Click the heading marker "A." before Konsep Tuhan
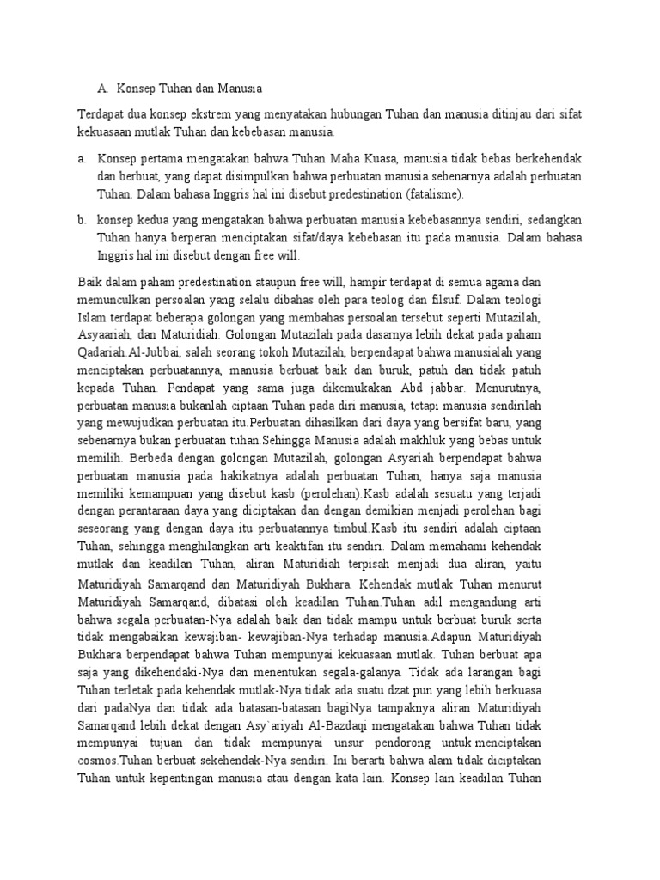(103, 88)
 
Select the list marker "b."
(82, 220)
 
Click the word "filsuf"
(447, 301)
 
